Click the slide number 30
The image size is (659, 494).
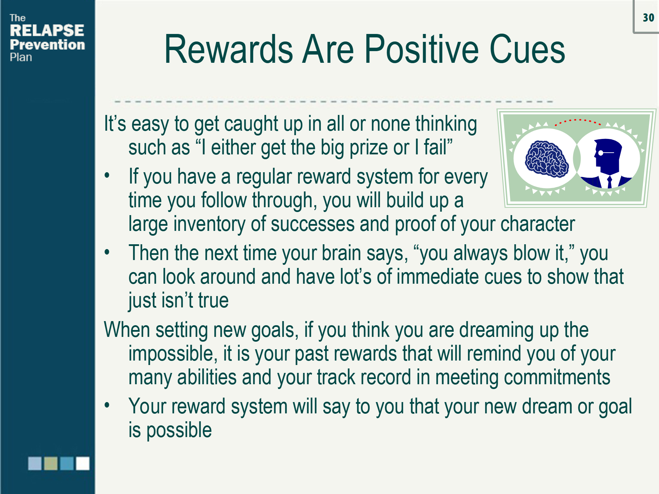(648, 18)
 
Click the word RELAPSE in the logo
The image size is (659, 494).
(47, 31)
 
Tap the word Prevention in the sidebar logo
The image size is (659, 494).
(47, 45)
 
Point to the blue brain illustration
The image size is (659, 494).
(546, 159)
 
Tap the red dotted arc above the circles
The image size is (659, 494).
(578, 121)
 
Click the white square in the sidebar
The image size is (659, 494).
(83, 463)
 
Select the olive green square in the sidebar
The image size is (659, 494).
(51, 463)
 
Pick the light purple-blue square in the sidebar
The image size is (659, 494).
(35, 463)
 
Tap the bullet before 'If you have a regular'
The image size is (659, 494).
(107, 176)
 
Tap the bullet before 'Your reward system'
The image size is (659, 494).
(107, 405)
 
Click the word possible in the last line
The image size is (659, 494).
(179, 431)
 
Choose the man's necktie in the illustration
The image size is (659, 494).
(610, 182)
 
